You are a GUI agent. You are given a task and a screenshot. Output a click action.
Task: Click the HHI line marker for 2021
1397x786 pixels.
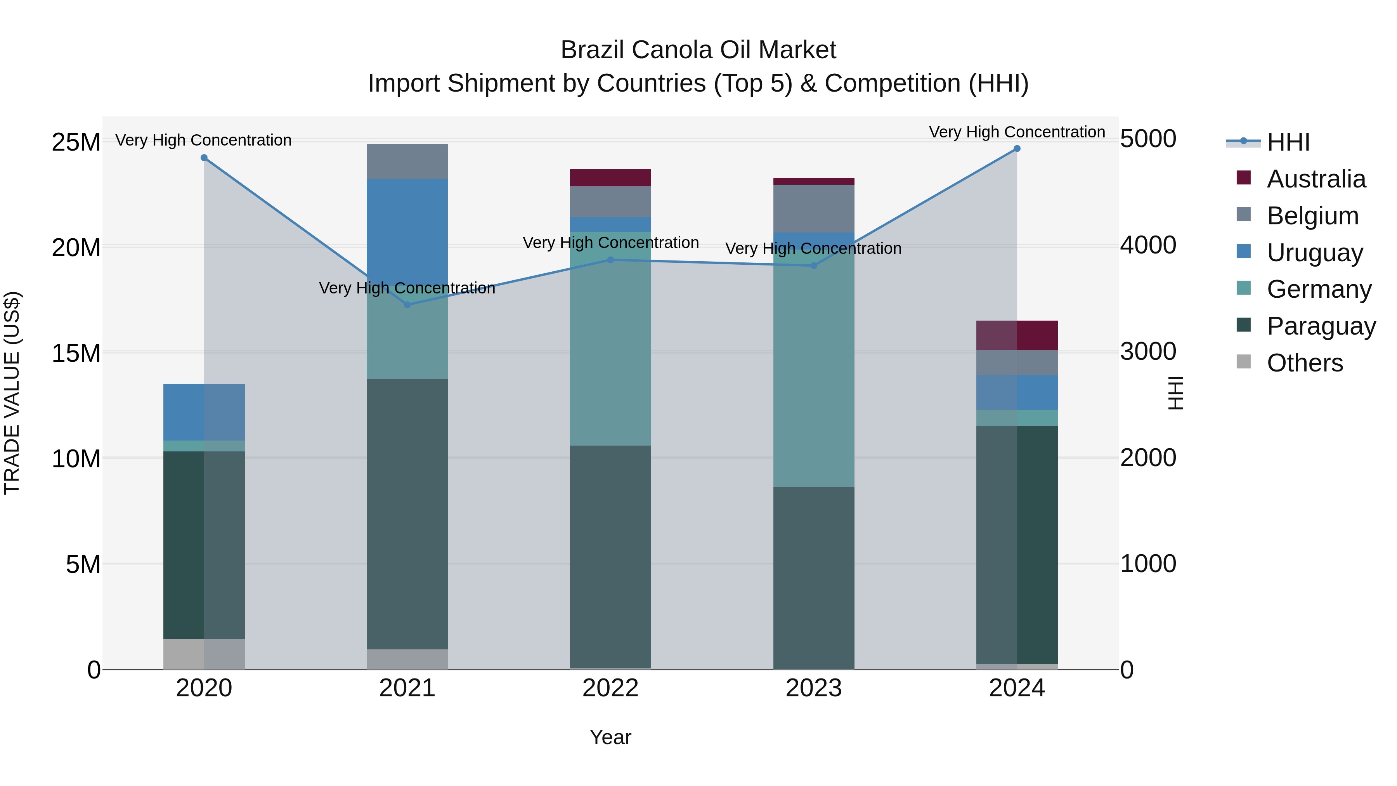pos(407,304)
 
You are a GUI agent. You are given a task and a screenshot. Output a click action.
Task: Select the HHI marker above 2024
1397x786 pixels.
pos(1017,149)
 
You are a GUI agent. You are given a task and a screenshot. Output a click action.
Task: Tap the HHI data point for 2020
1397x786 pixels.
pos(204,158)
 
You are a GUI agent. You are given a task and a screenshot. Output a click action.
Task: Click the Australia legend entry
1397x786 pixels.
pos(1316,179)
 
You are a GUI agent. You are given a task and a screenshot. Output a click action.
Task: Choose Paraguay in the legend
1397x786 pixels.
pos(1321,326)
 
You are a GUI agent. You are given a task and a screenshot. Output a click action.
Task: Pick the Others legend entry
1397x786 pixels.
pos(1304,363)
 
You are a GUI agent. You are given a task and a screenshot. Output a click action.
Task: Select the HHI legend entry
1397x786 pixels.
pos(1288,142)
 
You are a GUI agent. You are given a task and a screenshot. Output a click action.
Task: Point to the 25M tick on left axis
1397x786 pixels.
pos(76,142)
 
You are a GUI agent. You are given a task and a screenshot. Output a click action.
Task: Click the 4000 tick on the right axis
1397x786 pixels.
pos(1147,245)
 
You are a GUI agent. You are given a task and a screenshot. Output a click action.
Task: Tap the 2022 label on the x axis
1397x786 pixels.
pos(610,688)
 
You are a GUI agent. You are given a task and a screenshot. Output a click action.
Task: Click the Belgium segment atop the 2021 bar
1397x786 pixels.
pos(407,161)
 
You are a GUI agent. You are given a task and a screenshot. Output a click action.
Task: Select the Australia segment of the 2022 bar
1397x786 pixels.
pos(610,178)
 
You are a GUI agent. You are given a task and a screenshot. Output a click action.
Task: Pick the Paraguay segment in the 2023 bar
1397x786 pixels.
pos(813,578)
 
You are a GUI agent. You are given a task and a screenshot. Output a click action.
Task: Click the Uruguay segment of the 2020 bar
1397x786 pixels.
pos(204,412)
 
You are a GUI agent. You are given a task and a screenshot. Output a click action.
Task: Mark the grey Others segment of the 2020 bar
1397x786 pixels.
pos(204,654)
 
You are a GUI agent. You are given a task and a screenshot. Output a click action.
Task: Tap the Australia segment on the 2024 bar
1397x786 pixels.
pos(1017,335)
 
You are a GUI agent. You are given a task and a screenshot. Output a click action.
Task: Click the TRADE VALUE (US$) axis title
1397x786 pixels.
pos(12,393)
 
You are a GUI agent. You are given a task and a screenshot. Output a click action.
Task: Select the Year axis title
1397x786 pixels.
pos(610,737)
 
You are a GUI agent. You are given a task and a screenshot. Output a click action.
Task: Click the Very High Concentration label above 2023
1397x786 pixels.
pos(813,248)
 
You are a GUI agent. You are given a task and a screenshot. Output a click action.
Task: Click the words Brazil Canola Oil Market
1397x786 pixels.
pos(698,50)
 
